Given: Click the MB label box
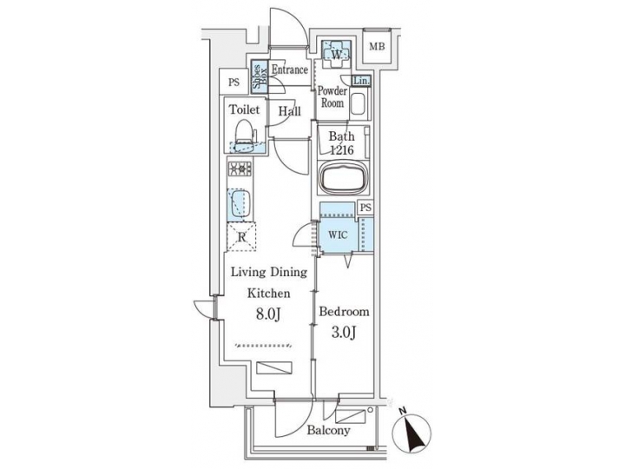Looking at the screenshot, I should [x=376, y=47].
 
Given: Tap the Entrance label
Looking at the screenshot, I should [x=289, y=69].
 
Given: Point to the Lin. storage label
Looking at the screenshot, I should [x=362, y=81].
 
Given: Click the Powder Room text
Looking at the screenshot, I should [x=332, y=96].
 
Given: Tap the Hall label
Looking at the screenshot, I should [x=289, y=110].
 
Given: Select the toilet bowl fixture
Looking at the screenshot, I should [x=244, y=135].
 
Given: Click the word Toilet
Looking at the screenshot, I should [x=244, y=110].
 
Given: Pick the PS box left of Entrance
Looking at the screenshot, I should [x=233, y=83].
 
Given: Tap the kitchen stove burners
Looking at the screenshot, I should [x=240, y=168].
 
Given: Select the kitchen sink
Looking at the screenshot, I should [x=239, y=205].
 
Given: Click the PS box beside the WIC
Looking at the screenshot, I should [x=365, y=208].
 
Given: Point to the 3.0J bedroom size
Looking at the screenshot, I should [x=345, y=334].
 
